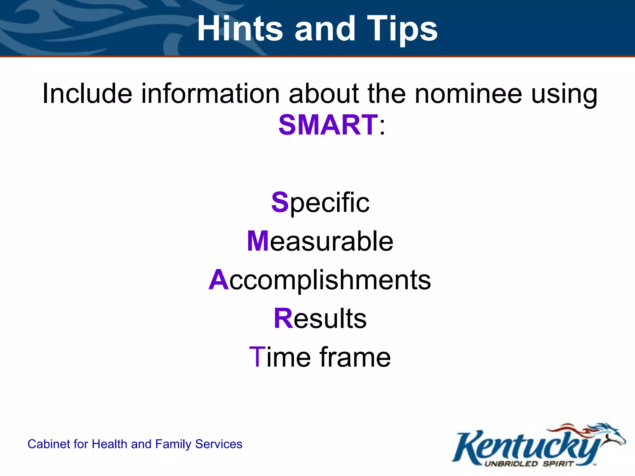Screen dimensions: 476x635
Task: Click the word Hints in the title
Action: point(240,29)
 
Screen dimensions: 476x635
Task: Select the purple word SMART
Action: point(328,125)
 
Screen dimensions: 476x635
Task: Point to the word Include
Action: point(87,94)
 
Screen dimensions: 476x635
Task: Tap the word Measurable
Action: point(320,241)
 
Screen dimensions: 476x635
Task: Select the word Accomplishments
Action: point(320,280)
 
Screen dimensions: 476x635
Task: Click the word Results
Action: point(320,319)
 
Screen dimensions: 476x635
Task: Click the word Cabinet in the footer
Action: point(46,444)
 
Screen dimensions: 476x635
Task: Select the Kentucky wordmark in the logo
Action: point(524,446)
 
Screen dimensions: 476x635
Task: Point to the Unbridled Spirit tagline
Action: point(529,464)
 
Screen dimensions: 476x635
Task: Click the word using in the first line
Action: point(564,94)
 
